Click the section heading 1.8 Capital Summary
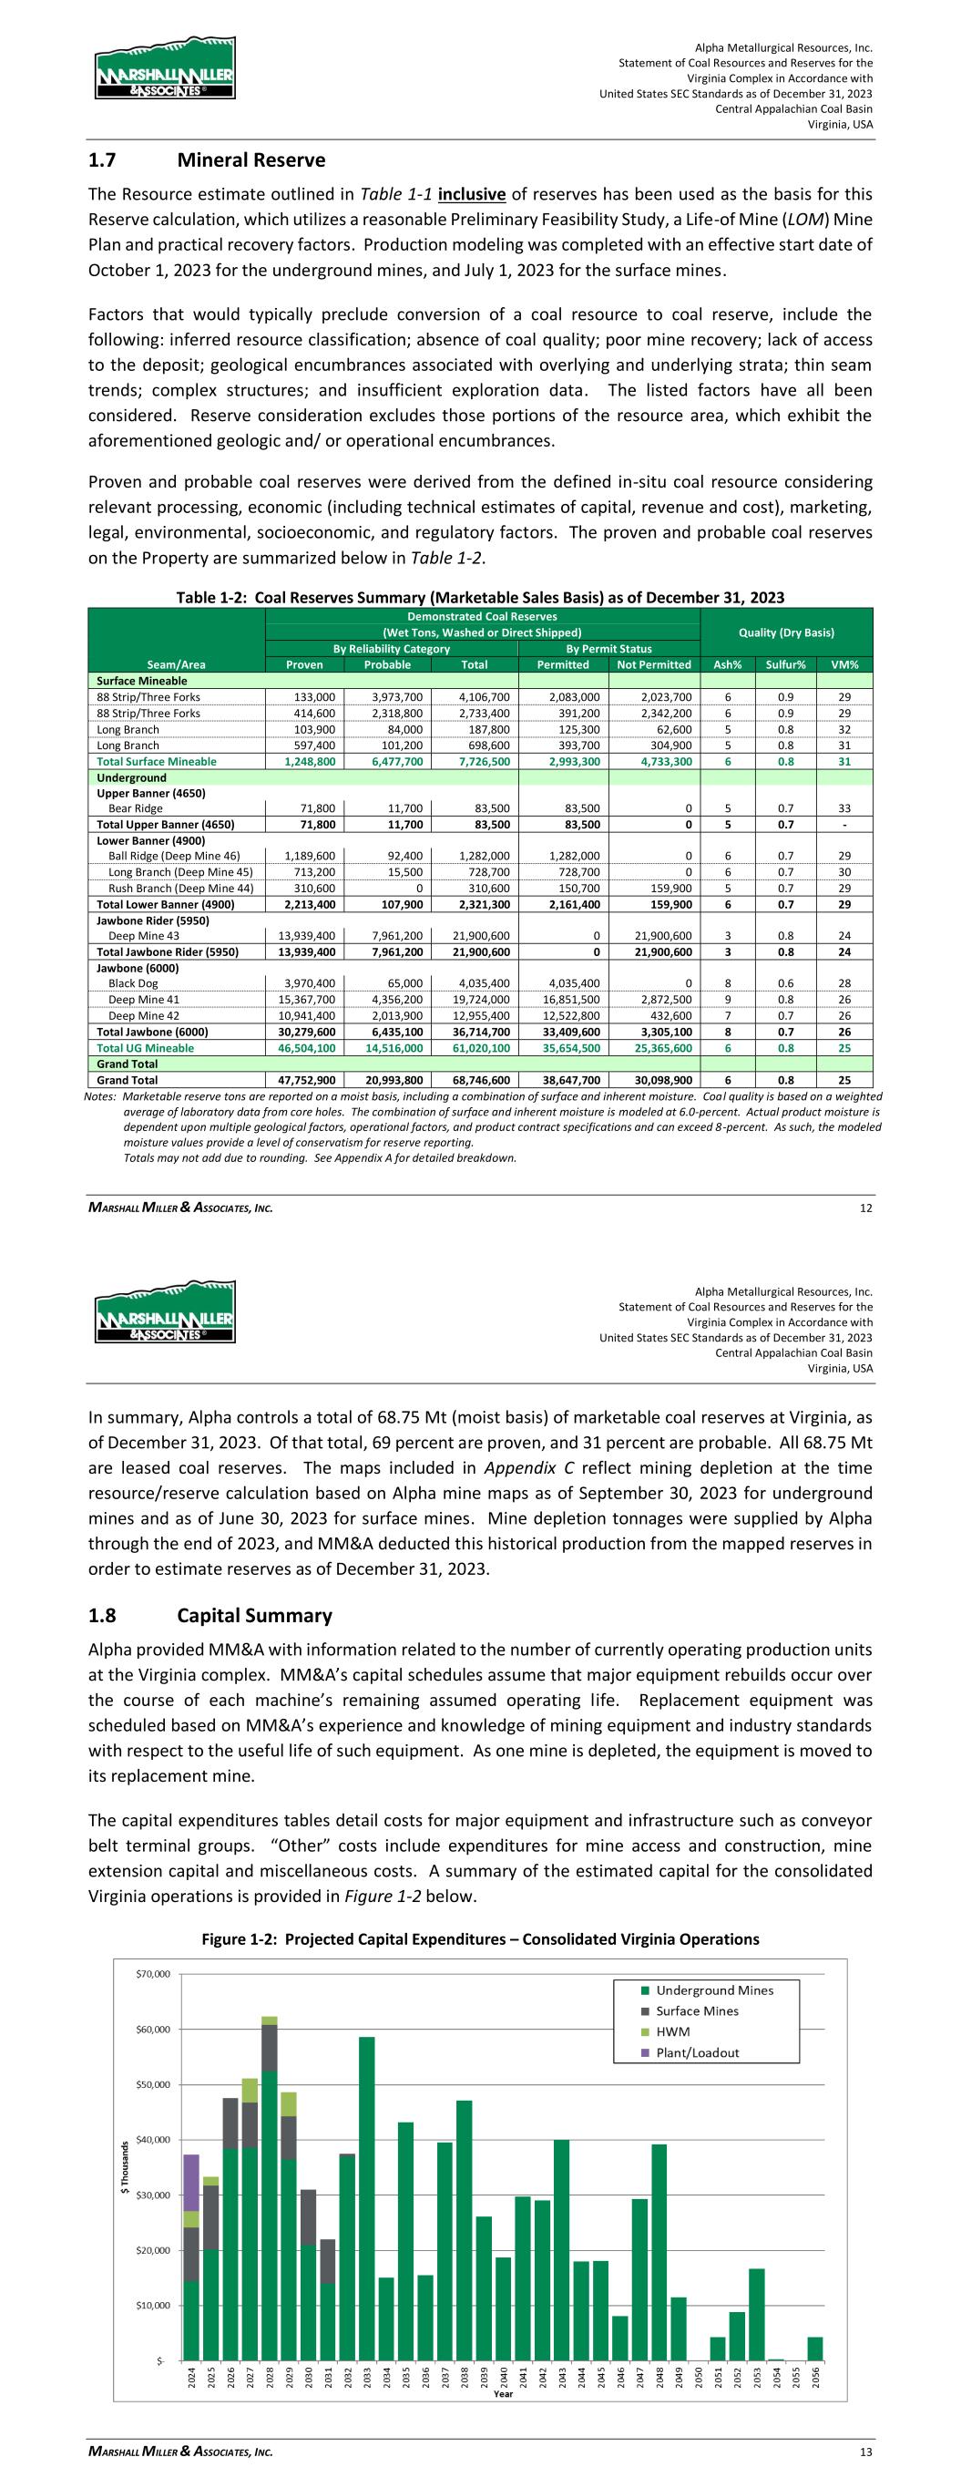tap(210, 1616)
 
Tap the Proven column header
tap(305, 664)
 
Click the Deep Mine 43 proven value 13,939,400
tap(306, 936)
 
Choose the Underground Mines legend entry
tap(714, 1990)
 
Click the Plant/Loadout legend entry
tap(698, 2052)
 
